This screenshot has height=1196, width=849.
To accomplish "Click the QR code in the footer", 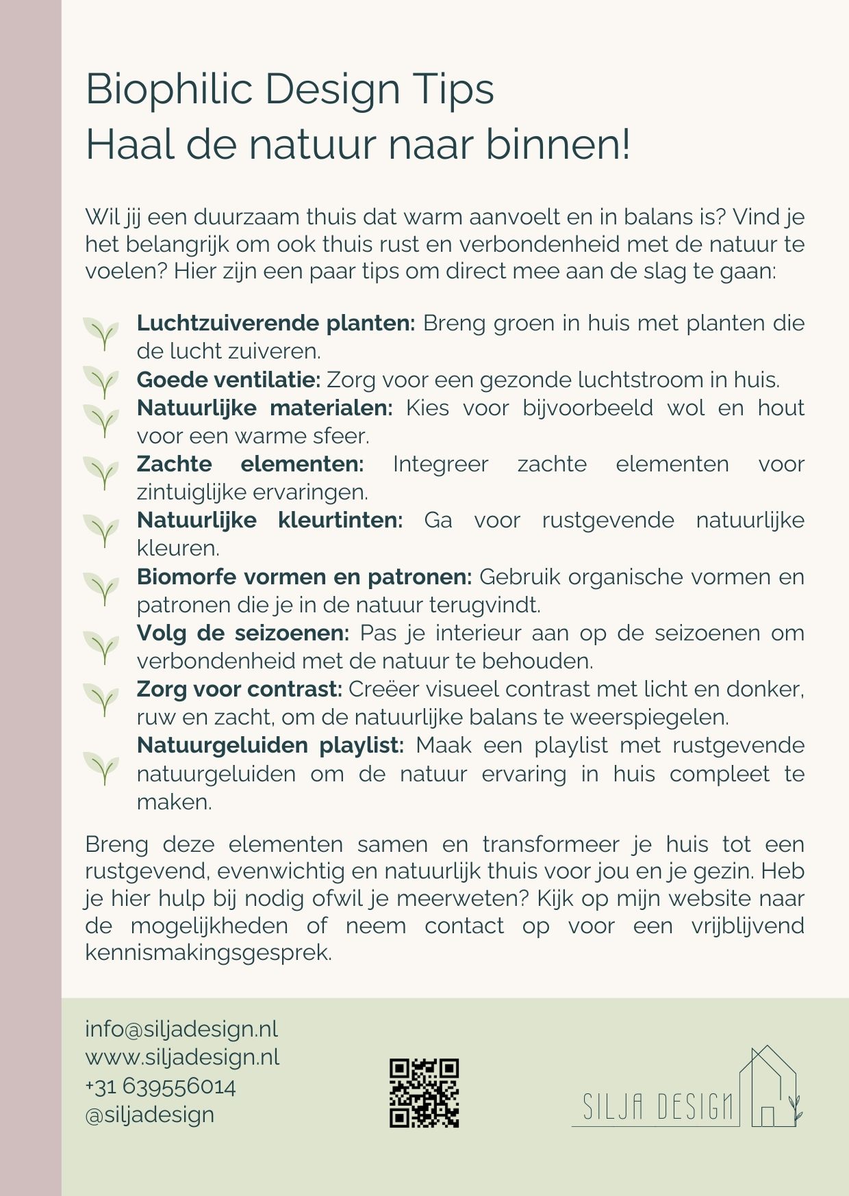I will [424, 1093].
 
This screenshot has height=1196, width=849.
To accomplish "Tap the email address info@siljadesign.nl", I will [181, 1029].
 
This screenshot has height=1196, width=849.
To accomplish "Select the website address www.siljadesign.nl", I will [182, 1057].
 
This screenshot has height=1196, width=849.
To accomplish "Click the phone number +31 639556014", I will [160, 1087].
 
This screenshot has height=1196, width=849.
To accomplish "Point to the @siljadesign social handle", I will [149, 1115].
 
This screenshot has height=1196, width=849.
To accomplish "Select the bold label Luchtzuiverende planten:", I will [276, 323].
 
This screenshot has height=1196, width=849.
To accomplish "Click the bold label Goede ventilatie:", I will [229, 379].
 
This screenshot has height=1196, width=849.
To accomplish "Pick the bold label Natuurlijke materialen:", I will [264, 408].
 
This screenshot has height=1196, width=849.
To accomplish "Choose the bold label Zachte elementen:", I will [250, 464].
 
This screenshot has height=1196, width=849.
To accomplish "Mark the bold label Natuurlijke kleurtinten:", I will [269, 520].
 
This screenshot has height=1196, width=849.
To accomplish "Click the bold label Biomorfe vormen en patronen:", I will [304, 577].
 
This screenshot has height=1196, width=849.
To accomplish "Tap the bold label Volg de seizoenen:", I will [242, 633].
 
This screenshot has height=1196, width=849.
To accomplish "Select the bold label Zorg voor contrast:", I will [239, 689].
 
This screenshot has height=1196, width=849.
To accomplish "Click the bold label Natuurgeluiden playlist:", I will [270, 745].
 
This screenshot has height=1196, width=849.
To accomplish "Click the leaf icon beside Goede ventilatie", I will [101, 382].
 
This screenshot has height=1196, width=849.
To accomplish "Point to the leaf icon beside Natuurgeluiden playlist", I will [101, 768].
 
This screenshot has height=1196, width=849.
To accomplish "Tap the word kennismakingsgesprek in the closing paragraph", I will [208, 952].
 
